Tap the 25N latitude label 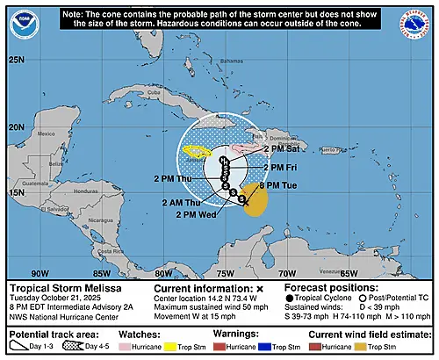point(17,60)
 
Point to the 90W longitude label point(40,272)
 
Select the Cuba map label point(155,92)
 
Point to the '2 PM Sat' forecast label point(281,149)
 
